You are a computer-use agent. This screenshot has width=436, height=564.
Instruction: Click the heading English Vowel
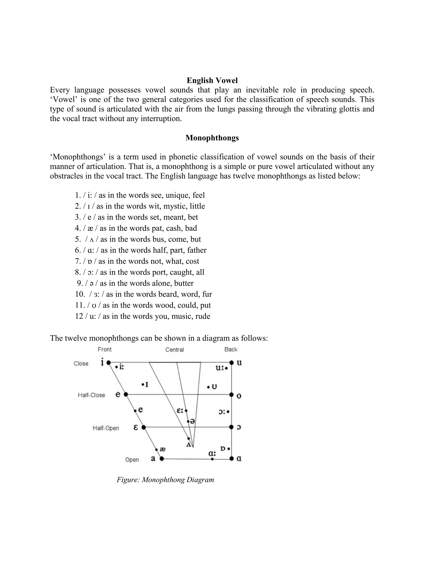[x=212, y=81]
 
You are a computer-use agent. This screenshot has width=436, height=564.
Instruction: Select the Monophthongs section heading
[x=212, y=138]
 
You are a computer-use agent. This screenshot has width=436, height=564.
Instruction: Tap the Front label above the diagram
[x=105, y=349]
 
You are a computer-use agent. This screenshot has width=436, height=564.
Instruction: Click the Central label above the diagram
[x=175, y=350]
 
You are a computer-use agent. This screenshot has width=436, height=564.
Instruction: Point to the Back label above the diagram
[x=231, y=349]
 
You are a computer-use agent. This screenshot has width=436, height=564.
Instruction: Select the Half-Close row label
[x=91, y=395]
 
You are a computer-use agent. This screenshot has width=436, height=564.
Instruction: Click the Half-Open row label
[x=106, y=428]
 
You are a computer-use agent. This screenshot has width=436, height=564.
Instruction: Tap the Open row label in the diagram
[x=132, y=460]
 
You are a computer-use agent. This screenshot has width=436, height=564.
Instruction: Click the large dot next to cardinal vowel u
[x=231, y=363]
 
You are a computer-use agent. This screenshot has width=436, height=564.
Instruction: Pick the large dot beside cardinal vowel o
[x=231, y=395]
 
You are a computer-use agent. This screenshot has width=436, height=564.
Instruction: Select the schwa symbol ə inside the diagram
[x=192, y=422]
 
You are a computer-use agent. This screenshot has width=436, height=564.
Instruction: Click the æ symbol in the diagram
[x=162, y=449]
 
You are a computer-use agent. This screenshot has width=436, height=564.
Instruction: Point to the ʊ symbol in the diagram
[x=214, y=387]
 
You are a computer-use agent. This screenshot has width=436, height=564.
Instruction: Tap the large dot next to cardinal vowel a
[x=162, y=459]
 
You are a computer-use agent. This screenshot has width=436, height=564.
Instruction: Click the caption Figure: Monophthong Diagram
[x=165, y=480]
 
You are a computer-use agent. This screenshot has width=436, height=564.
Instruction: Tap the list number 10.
[x=80, y=294]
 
